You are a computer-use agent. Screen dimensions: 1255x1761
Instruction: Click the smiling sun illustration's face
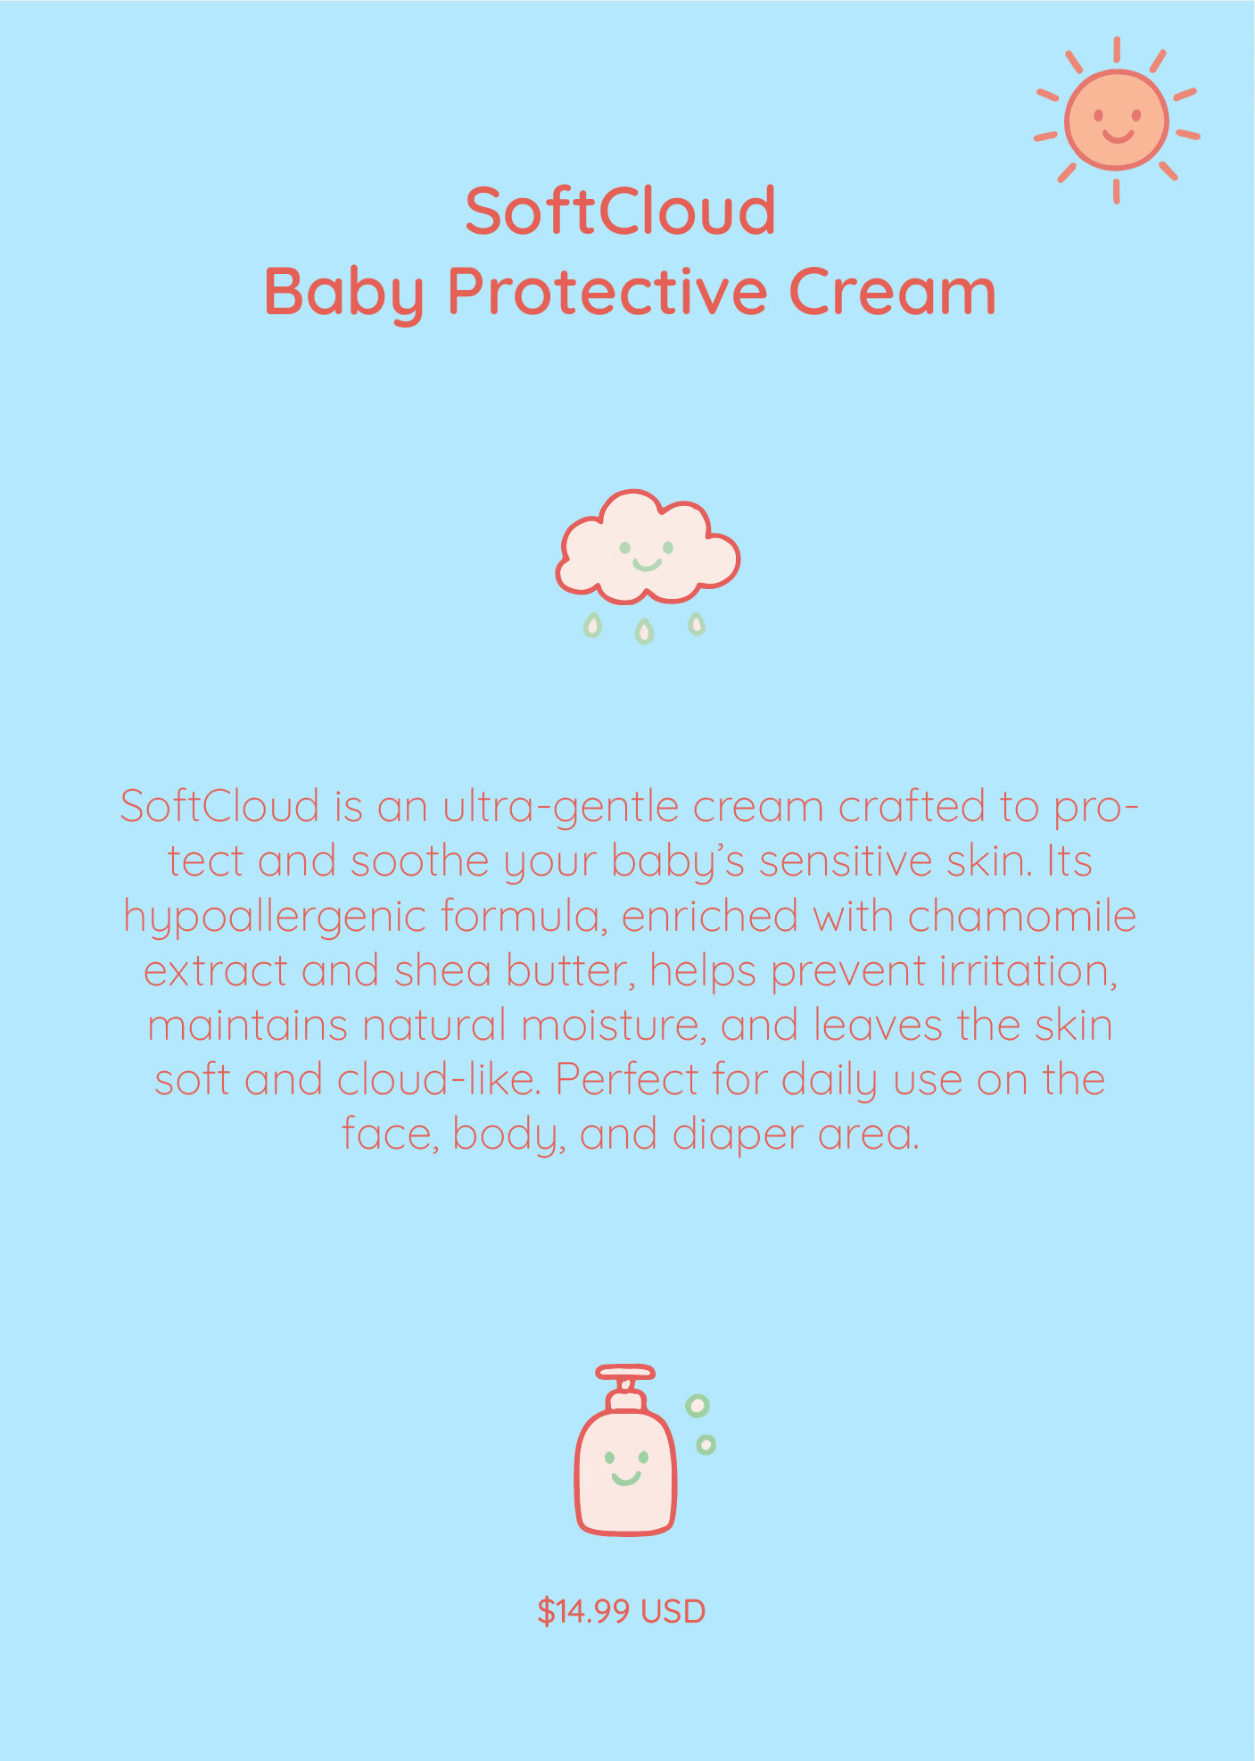[x=1116, y=120]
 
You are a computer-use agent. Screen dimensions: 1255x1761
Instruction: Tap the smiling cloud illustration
[x=648, y=545]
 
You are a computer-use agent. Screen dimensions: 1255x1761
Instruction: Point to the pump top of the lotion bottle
[x=625, y=1383]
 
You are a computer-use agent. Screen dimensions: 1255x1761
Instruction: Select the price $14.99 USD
[x=622, y=1611]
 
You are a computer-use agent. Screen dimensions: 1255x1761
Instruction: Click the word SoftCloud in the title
[x=621, y=212]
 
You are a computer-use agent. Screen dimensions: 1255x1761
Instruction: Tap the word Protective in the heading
[x=607, y=292]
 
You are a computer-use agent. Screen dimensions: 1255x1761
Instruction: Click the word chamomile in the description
[x=1022, y=917]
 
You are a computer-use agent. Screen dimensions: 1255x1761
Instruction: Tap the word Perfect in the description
[x=627, y=1080]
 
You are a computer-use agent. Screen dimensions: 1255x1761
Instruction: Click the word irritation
[x=1028, y=972]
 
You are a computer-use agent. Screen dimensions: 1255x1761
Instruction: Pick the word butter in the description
[x=572, y=972]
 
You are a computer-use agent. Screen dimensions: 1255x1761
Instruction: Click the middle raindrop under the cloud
[x=644, y=632]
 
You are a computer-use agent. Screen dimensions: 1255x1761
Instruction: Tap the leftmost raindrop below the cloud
[x=592, y=625]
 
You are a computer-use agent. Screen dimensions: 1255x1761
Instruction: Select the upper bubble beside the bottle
[x=698, y=1406]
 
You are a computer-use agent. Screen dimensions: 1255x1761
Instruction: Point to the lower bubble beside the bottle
[x=706, y=1444]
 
